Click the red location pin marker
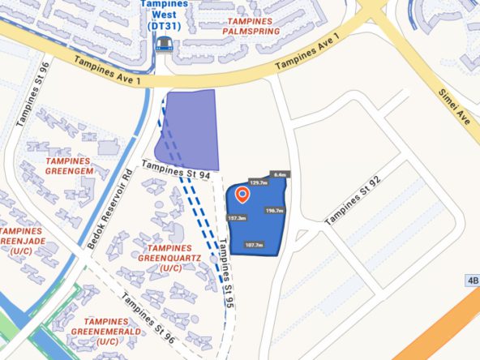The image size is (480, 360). click(242, 195)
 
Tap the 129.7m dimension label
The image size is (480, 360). click(258, 183)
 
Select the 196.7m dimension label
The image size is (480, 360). click(274, 211)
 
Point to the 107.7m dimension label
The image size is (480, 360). click(254, 245)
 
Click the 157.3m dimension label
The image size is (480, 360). click(237, 218)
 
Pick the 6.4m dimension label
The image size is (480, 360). click(281, 174)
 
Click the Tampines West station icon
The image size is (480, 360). click(165, 44)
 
